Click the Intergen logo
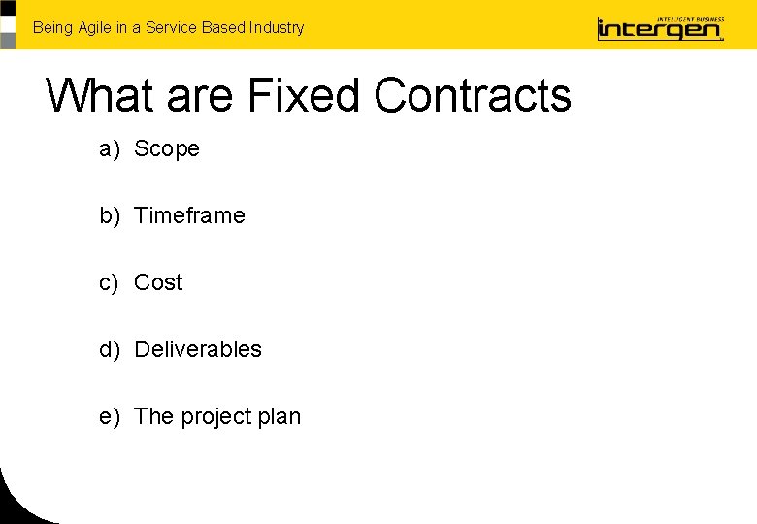660,28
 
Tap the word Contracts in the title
473,96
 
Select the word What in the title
100,96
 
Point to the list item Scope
167,149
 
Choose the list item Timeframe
189,215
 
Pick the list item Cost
158,282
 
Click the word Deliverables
198,349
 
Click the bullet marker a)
109,149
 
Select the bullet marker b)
109,215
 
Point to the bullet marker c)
109,282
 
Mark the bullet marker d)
109,349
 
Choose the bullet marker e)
109,417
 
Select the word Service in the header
171,28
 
